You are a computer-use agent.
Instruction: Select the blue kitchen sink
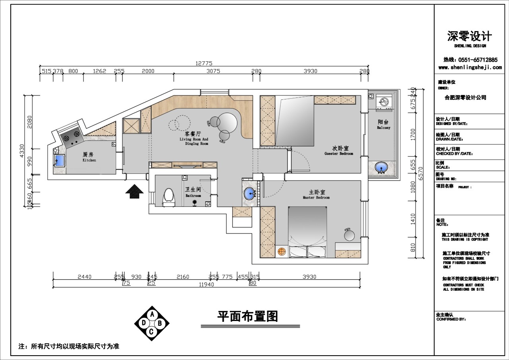click(x=59, y=160)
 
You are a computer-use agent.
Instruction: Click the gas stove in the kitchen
click(x=72, y=138)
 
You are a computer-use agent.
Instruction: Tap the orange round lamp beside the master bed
click(x=282, y=251)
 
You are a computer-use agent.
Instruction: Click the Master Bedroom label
click(x=316, y=195)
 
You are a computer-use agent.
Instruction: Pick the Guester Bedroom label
click(x=338, y=151)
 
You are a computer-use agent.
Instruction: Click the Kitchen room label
click(x=89, y=157)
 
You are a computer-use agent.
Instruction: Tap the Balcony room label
click(x=383, y=125)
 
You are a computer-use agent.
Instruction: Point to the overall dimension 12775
click(x=204, y=63)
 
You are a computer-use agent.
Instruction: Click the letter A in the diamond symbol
click(x=151, y=315)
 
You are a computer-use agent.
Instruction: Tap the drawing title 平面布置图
click(x=247, y=316)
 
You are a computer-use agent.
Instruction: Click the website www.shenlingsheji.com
click(x=470, y=68)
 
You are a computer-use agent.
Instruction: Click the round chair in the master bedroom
click(x=349, y=235)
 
